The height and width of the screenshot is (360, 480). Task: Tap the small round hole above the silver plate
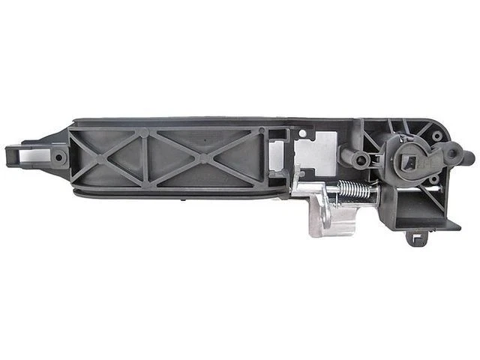point(303,135)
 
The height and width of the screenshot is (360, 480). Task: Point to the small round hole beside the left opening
point(56,155)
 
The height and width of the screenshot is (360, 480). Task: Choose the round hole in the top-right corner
point(437,136)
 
